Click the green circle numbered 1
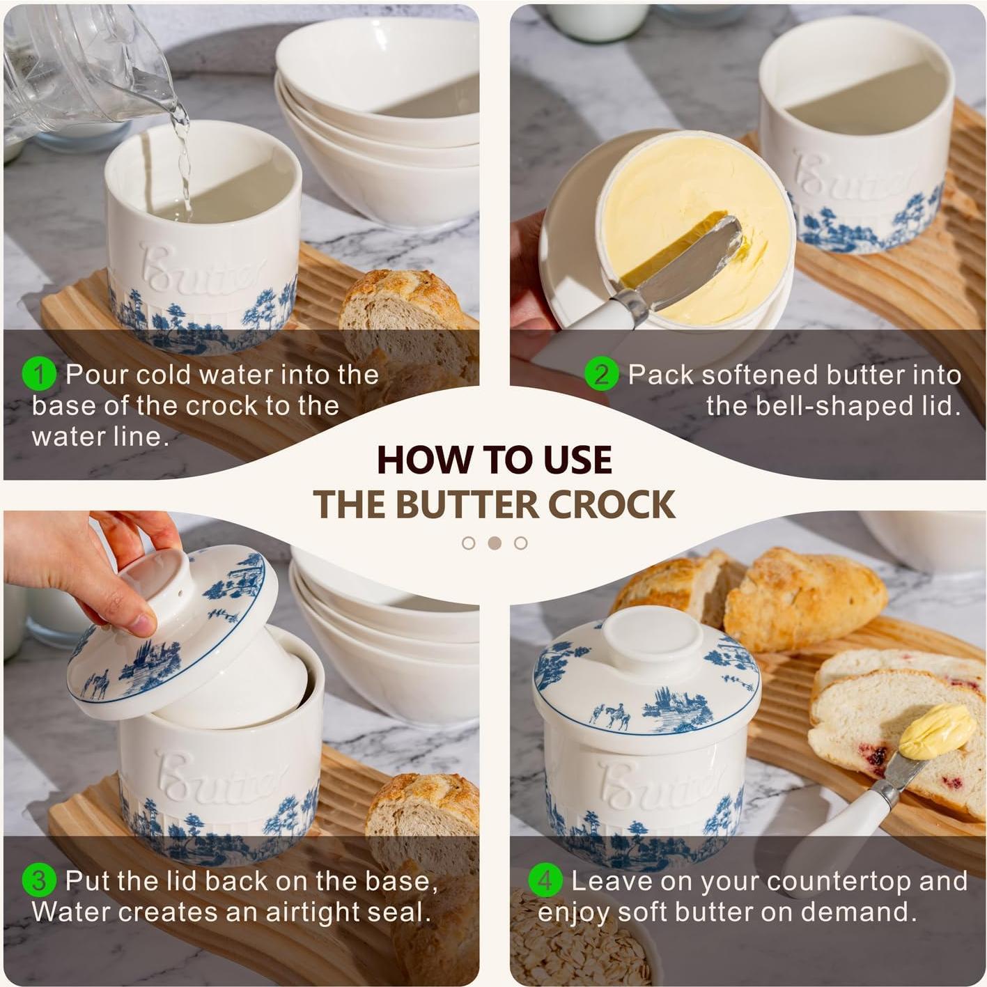coord(39,375)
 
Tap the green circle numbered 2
coord(601,375)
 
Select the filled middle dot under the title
coord(495,543)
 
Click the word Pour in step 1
coord(97,375)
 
